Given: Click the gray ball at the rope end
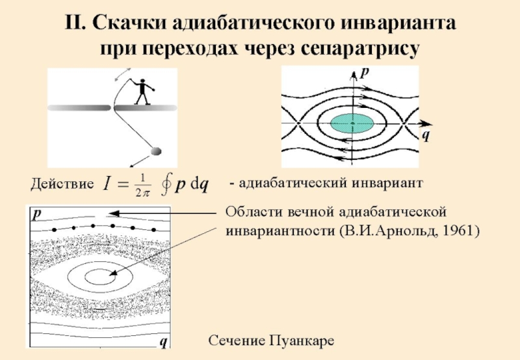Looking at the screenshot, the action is [156, 151].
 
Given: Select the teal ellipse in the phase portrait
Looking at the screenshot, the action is [352, 123].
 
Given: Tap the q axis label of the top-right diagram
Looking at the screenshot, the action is [425, 135].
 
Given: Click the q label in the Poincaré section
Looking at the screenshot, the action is [162, 341].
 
